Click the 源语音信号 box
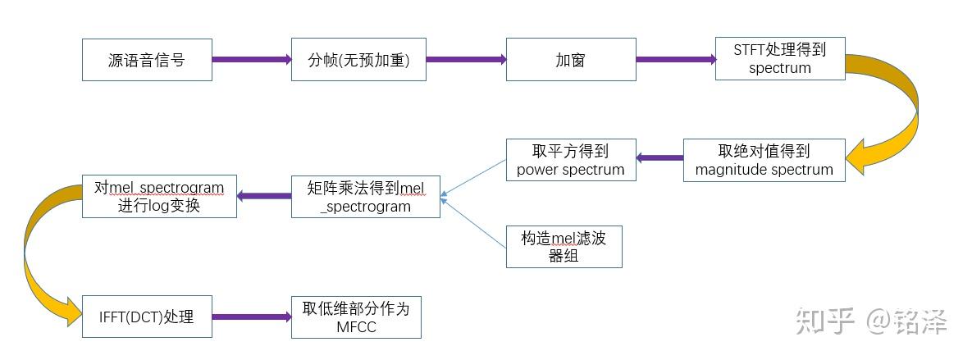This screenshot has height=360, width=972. pyautogui.click(x=147, y=60)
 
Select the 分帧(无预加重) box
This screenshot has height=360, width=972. pyautogui.click(x=358, y=60)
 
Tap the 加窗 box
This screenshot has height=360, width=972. pyautogui.click(x=570, y=60)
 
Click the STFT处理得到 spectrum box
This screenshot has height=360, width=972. pyautogui.click(x=779, y=59)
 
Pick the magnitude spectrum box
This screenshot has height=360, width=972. pyautogui.click(x=764, y=160)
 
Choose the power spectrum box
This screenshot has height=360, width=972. pyautogui.click(x=570, y=160)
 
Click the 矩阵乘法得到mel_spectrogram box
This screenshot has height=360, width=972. pyautogui.click(x=365, y=196)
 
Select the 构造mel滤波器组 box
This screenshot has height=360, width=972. pyautogui.click(x=564, y=246)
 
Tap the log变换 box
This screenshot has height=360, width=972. pyautogui.click(x=159, y=196)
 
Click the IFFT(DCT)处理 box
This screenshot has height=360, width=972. pyautogui.click(x=147, y=317)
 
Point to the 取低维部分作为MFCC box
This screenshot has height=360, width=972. pyautogui.click(x=356, y=317)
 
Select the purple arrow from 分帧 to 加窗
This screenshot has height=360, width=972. pyautogui.click(x=466, y=60)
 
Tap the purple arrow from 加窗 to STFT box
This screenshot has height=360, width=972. pyautogui.click(x=675, y=60)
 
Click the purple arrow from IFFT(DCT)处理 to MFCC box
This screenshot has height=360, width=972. pyautogui.click(x=252, y=317)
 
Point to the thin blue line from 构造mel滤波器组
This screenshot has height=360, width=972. pyautogui.click(x=474, y=222)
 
